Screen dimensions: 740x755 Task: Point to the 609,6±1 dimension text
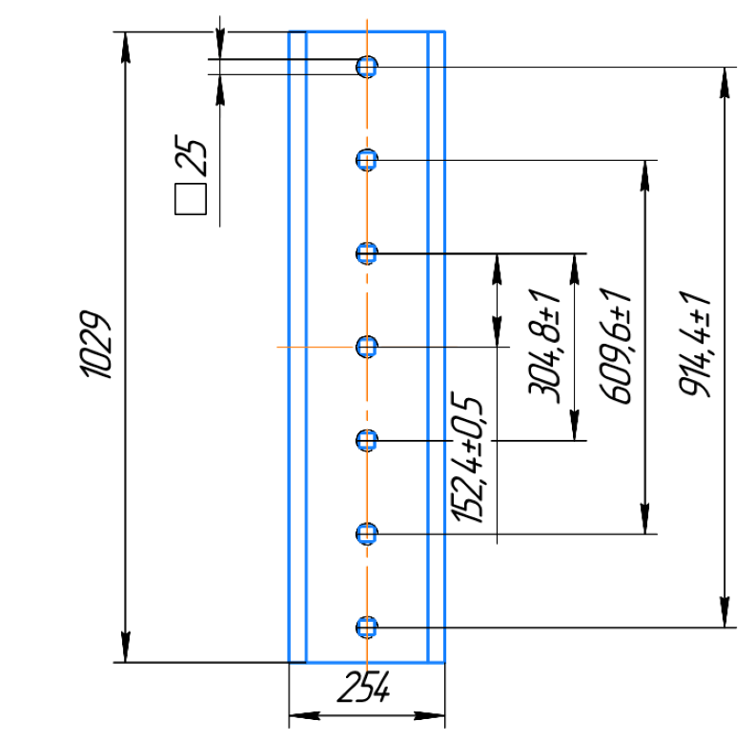pos(619,346)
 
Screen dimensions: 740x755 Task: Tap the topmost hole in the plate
pos(367,66)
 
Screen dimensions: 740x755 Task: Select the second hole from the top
pos(367,159)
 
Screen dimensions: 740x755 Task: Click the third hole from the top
pos(367,252)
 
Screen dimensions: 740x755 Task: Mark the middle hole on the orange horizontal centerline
pos(367,346)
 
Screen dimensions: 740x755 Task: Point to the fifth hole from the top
pos(367,440)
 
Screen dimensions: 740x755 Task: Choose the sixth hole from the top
pos(367,533)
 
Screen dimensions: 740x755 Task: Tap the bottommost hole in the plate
pos(367,627)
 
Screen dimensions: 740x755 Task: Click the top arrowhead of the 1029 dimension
pos(125,43)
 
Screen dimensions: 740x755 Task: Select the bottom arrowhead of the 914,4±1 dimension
pos(726,614)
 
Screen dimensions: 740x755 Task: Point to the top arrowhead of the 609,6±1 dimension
pos(647,172)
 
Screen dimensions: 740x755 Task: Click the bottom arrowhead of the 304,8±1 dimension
pos(575,428)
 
